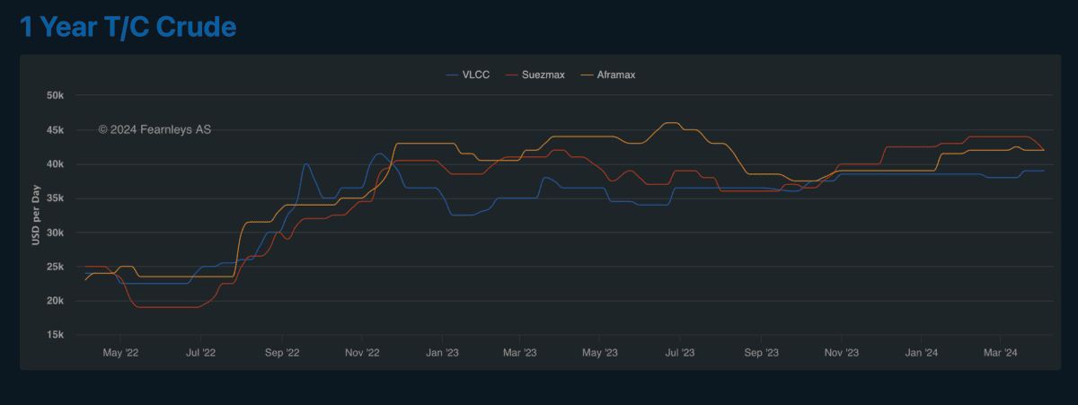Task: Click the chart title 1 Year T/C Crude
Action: tap(128, 27)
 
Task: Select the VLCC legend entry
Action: tap(474, 75)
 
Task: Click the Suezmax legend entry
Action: tap(543, 75)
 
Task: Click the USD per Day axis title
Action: tap(36, 216)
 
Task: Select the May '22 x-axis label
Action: tap(121, 353)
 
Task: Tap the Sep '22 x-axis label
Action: tap(282, 353)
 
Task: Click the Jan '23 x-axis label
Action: tap(442, 353)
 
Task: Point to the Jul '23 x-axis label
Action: tap(680, 353)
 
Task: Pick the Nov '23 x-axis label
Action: tap(841, 353)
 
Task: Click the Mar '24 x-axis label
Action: tap(1000, 353)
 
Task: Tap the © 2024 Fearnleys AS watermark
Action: tap(155, 130)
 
